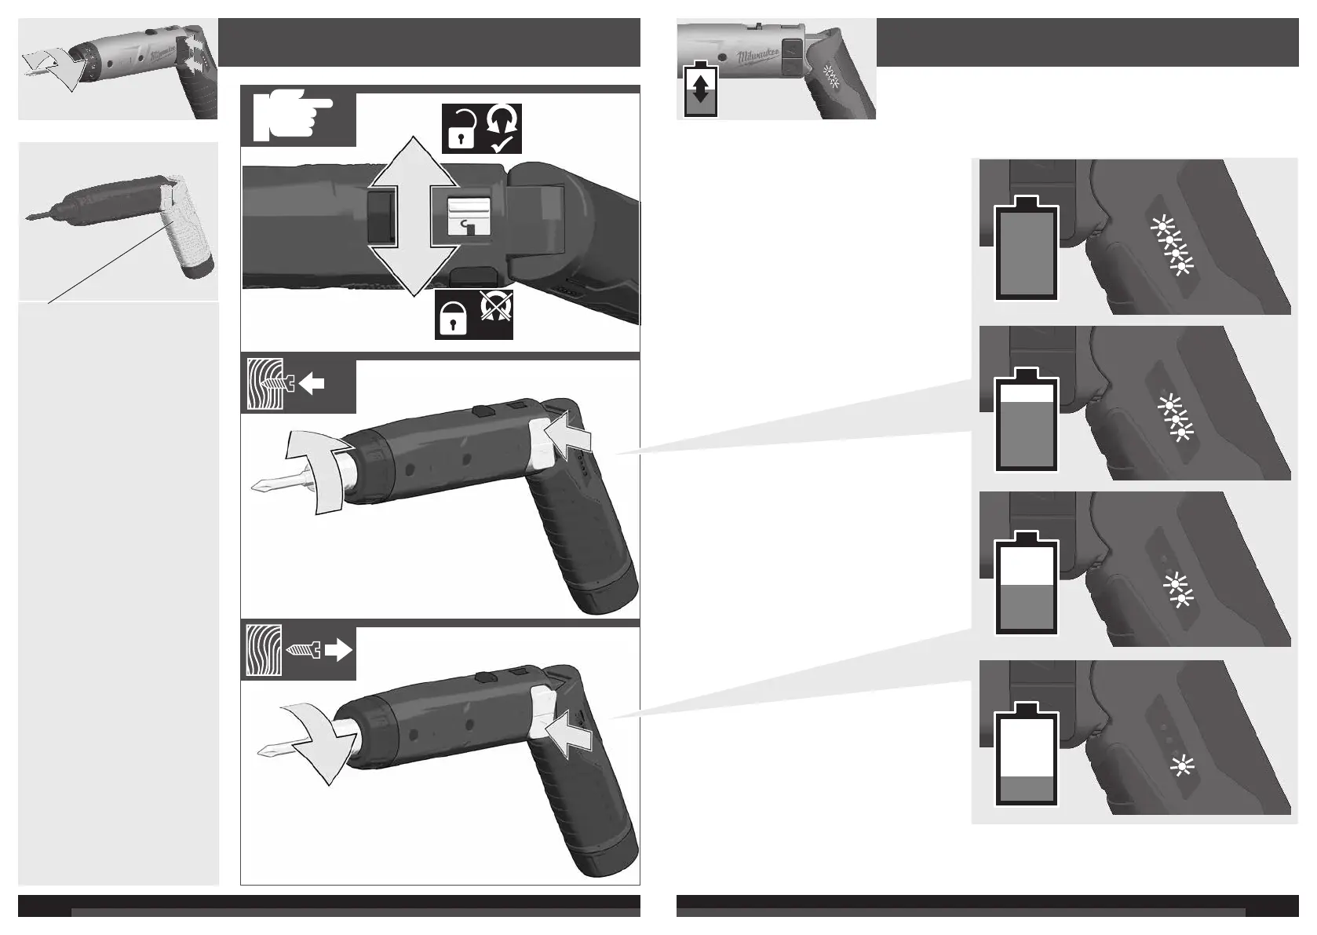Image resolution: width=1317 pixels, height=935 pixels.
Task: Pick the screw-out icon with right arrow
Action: pyautogui.click(x=298, y=651)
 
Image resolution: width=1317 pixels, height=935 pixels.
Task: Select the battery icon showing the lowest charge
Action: pyautogui.click(x=1027, y=756)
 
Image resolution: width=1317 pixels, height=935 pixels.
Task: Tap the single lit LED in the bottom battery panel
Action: pyautogui.click(x=1180, y=765)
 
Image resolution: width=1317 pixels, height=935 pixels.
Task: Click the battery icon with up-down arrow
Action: pyautogui.click(x=701, y=89)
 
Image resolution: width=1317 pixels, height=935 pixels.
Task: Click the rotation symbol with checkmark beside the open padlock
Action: pyautogui.click(x=503, y=129)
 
